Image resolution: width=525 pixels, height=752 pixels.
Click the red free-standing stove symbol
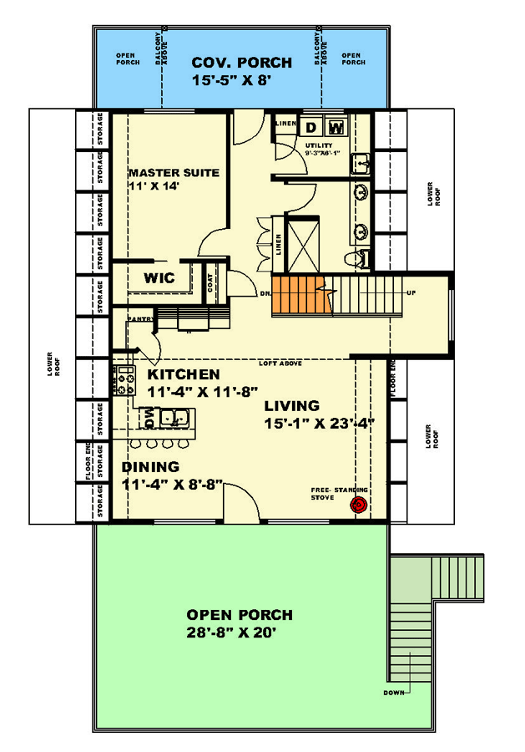360,505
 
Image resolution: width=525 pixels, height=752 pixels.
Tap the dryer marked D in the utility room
310,127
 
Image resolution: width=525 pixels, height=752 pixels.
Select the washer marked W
336,127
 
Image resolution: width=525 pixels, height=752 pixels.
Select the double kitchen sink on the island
172,416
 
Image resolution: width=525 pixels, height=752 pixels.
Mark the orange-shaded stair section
297,296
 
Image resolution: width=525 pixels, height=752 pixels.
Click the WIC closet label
159,278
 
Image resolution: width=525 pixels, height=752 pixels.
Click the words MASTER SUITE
174,173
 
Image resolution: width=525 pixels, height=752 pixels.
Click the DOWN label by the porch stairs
395,693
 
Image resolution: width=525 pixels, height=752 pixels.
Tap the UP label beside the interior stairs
411,293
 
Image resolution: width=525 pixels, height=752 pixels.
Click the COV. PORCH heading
241,63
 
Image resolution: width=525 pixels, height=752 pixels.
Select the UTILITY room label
318,145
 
